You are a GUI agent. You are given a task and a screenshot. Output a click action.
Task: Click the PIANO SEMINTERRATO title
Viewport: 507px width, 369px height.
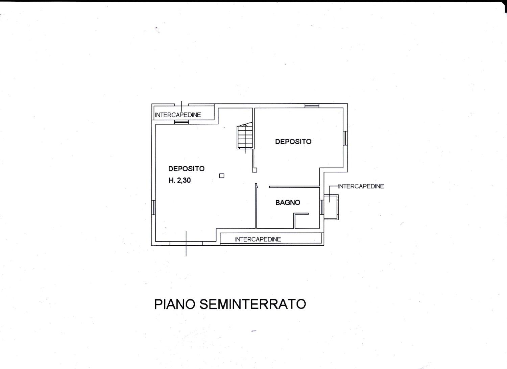click(230, 304)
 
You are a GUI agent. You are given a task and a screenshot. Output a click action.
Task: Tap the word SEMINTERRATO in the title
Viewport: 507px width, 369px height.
click(252, 304)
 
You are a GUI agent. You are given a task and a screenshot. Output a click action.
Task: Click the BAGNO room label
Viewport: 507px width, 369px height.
click(288, 202)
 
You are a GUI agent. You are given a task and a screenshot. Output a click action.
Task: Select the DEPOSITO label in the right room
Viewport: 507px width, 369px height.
click(293, 142)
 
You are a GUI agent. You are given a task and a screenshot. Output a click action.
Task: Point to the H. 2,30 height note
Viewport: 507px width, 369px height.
click(179, 180)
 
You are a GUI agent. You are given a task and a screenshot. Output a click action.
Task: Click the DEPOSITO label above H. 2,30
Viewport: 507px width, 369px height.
click(186, 169)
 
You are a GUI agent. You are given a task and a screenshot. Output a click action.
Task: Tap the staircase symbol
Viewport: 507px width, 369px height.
click(245, 138)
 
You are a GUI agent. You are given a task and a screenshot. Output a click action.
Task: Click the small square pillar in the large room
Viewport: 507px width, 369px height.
click(222, 176)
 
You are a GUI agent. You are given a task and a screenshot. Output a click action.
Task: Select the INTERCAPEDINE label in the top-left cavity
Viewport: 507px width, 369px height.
click(178, 115)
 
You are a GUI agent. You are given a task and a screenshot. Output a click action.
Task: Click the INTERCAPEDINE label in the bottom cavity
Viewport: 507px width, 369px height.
click(258, 239)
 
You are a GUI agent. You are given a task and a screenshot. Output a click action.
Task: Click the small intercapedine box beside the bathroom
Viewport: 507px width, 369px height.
click(331, 207)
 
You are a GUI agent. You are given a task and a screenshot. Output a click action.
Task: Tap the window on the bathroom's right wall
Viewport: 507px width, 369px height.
click(322, 207)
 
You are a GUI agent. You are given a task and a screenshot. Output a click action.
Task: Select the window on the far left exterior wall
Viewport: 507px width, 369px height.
click(153, 207)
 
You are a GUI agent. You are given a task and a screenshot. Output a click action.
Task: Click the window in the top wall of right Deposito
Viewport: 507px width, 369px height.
click(312, 106)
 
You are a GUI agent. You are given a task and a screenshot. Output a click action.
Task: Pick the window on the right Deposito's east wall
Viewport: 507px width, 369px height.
click(345, 138)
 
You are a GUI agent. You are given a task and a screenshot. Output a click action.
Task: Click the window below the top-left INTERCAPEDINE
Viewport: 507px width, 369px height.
click(181, 122)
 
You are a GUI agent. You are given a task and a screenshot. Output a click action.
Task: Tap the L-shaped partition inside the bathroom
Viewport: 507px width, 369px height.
click(300, 220)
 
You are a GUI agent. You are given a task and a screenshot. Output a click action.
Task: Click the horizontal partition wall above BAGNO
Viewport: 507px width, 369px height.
click(294, 187)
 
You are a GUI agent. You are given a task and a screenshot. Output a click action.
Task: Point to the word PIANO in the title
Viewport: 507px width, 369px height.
click(175, 304)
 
